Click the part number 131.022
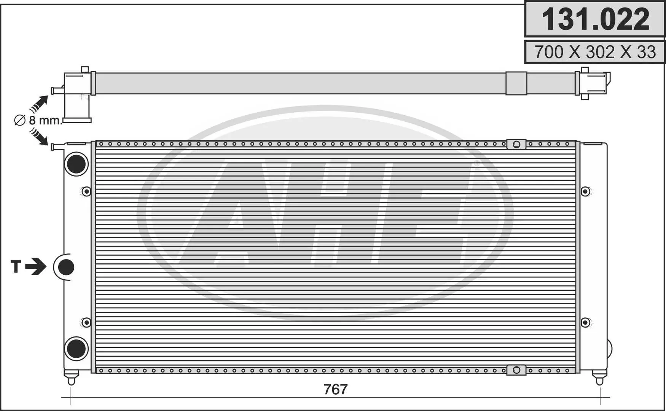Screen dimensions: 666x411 595,19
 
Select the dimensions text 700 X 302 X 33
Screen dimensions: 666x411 595,52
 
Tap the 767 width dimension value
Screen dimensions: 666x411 335,389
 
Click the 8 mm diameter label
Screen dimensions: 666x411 38,120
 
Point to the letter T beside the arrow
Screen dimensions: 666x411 16,267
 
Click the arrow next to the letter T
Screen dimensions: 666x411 36,266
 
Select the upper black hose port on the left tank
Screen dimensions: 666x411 76,164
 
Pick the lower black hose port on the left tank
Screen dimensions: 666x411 76,349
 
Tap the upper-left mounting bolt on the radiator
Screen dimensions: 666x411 86,191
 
